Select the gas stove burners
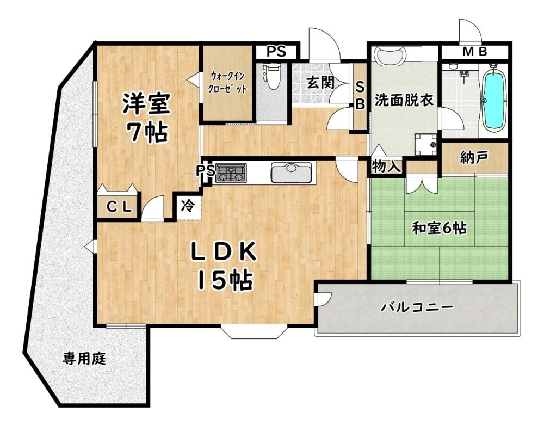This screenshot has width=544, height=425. coord(230,173)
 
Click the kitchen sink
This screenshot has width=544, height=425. coord(292,173)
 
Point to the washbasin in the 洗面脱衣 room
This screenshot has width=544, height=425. coord(390,56)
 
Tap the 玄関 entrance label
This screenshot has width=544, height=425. coord(320,83)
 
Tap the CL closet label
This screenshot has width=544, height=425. coord(119,207)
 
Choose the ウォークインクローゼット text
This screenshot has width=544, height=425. coord(227,83)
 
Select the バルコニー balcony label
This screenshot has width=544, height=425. coord(417,307)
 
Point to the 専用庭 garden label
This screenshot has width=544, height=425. coord(84,359)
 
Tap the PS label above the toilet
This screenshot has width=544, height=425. coord(276,52)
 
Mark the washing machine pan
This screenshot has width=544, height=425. coord(426,144)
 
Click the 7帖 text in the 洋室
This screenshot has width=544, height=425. coord(147,132)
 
